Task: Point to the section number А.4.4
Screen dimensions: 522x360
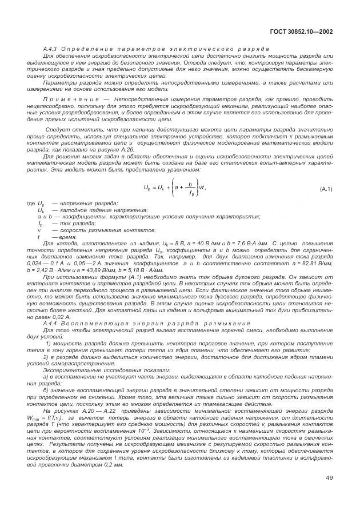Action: coord(51,324)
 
